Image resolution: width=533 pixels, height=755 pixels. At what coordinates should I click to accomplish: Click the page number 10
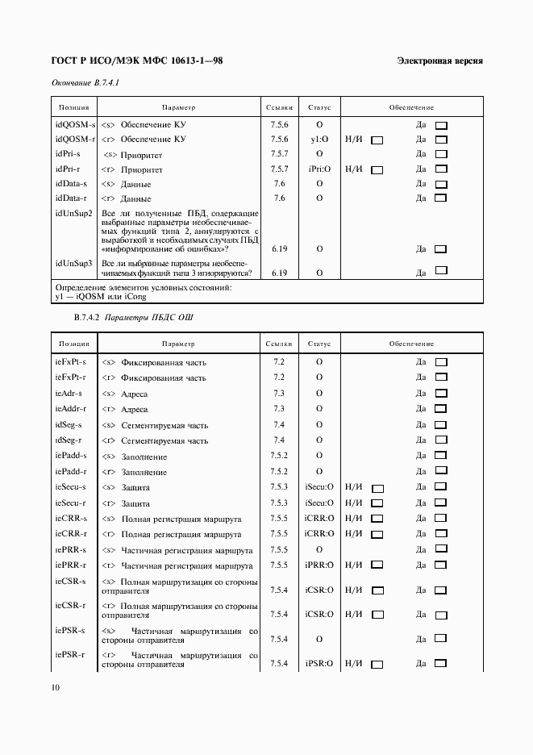click(56, 687)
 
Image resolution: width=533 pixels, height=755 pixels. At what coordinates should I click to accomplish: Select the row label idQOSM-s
click(74, 124)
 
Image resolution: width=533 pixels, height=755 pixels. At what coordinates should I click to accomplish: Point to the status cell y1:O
click(319, 140)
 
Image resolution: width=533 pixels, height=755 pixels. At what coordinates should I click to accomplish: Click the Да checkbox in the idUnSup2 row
click(441, 249)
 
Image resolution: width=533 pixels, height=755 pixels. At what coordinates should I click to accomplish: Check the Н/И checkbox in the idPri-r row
click(377, 169)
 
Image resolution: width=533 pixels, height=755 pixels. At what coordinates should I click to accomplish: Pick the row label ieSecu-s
click(71, 487)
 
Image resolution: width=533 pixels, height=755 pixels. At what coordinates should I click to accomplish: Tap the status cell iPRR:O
click(319, 565)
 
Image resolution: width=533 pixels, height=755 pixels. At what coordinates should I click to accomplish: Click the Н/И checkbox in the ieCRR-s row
click(377, 519)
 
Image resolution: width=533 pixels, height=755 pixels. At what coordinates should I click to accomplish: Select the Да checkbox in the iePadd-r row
click(441, 472)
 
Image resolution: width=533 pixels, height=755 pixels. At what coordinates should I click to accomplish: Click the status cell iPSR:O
click(319, 664)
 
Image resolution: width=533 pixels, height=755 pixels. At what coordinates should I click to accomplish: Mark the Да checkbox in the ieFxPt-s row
click(441, 362)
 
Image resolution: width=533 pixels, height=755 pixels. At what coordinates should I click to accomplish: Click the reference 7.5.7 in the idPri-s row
click(280, 154)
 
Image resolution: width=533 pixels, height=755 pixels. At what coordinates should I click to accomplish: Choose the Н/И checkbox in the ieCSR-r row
click(377, 615)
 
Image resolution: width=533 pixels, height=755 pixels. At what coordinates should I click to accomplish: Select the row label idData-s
click(72, 184)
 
